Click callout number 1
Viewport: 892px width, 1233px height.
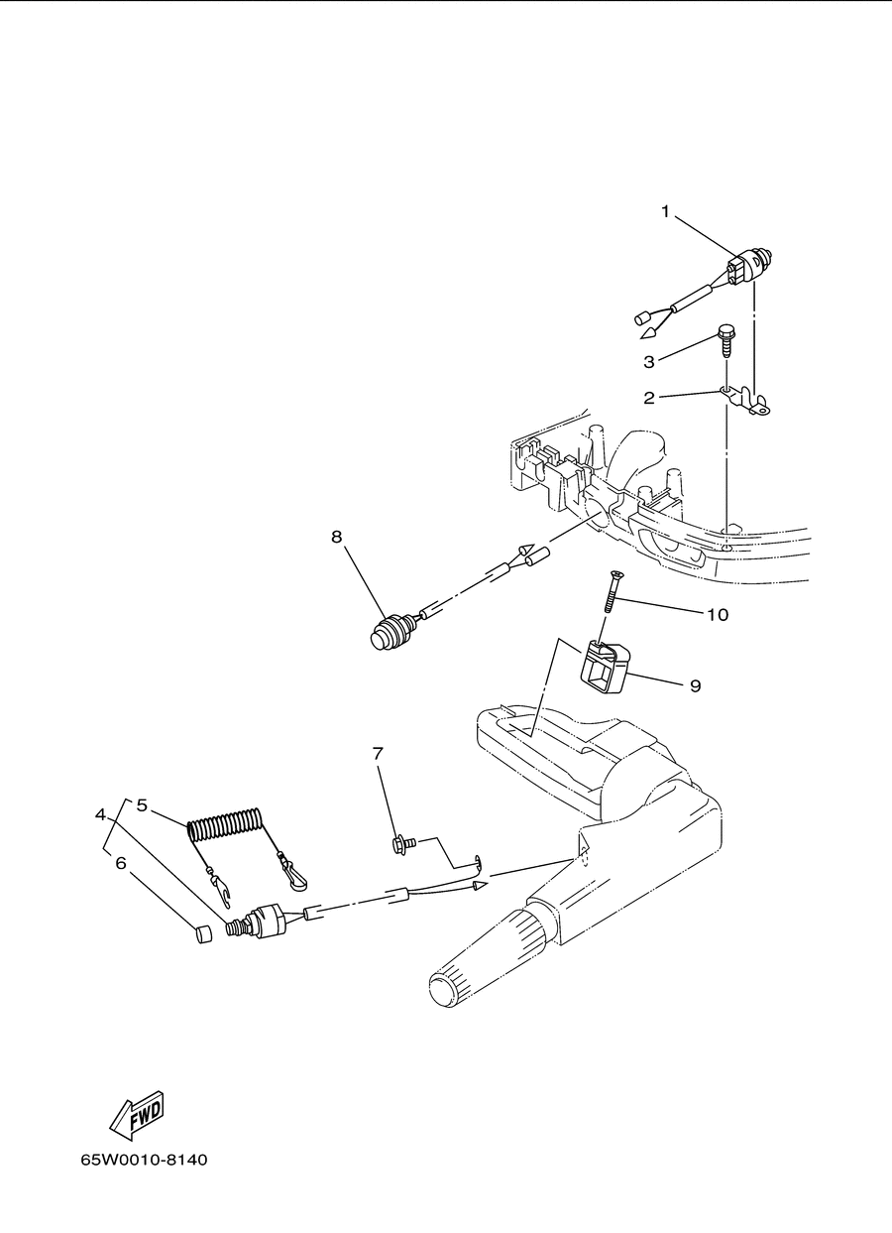(665, 211)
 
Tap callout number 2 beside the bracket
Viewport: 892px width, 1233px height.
(649, 398)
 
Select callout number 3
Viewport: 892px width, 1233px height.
(649, 362)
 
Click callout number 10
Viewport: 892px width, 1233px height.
(718, 614)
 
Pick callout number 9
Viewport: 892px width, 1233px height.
(696, 685)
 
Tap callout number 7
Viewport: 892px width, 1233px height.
(378, 753)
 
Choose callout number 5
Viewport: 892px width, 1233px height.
(142, 805)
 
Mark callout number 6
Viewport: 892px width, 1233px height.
(121, 863)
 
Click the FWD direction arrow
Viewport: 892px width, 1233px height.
(137, 1114)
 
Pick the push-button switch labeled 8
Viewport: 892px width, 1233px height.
(390, 633)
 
